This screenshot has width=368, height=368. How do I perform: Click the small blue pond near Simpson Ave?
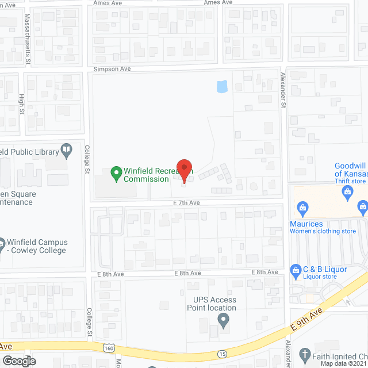[221, 87]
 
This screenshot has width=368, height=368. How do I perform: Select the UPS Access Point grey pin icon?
[224, 320]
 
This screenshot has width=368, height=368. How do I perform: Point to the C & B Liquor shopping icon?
[296, 269]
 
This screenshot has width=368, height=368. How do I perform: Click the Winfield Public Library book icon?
[67, 151]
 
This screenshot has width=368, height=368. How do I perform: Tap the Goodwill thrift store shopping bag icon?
[347, 194]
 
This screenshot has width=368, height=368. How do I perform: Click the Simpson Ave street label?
[113, 69]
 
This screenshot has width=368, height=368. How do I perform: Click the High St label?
[22, 103]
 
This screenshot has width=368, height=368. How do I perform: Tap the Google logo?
[19, 361]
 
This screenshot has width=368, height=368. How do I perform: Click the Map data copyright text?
[343, 363]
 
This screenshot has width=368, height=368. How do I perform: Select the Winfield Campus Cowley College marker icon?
[1, 243]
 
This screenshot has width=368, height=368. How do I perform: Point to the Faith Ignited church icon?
[305, 354]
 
